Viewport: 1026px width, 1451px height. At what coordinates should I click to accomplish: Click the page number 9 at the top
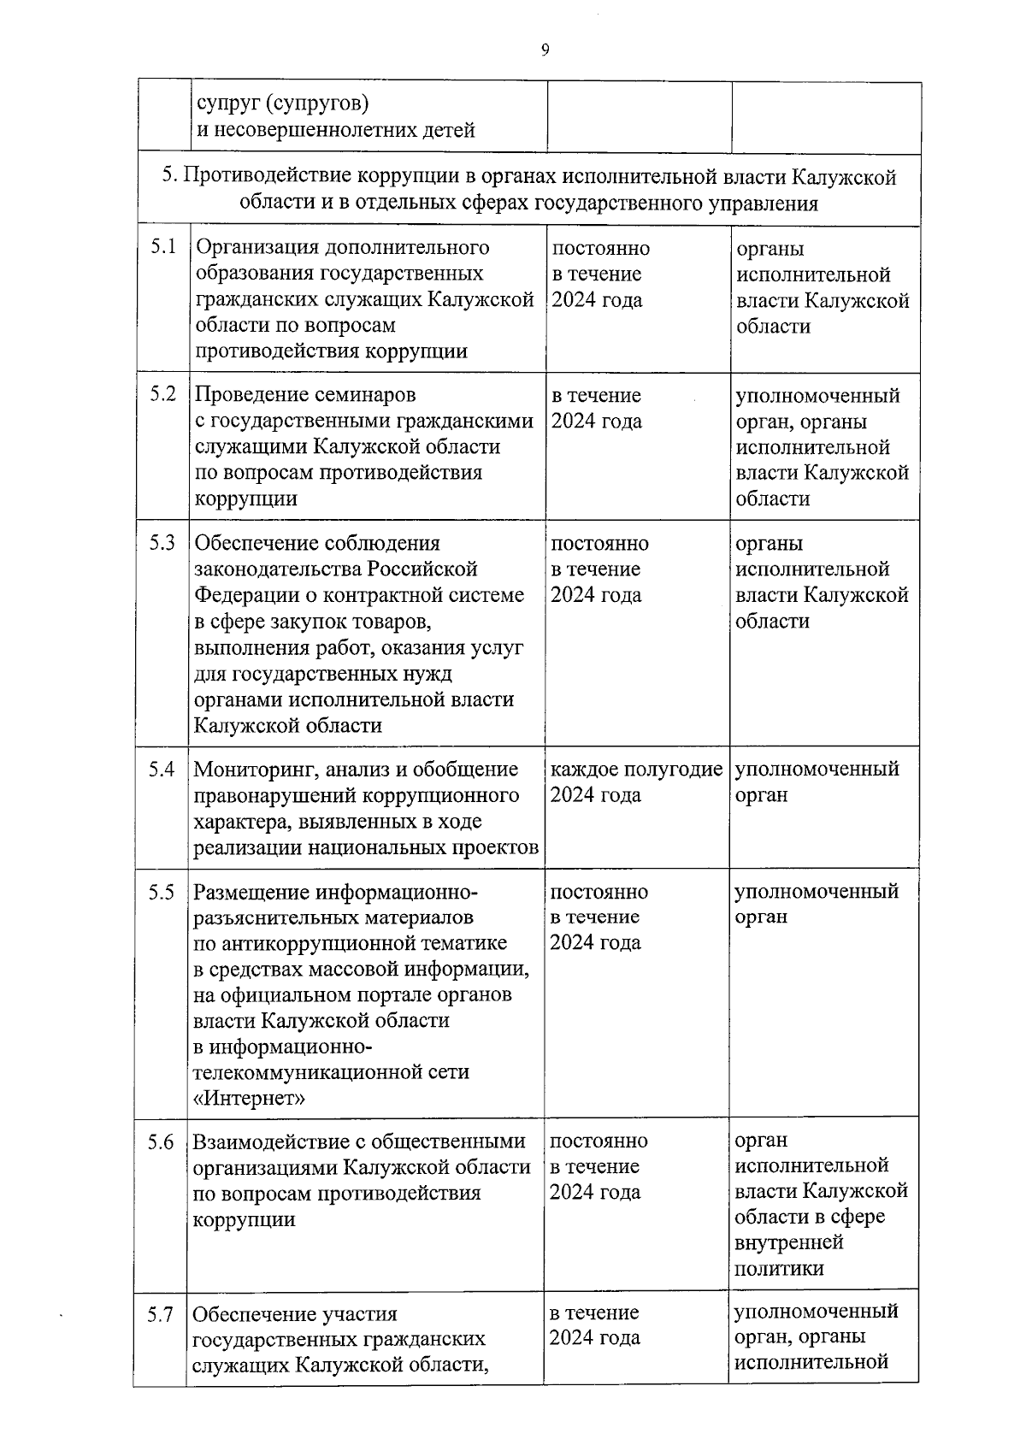(x=545, y=50)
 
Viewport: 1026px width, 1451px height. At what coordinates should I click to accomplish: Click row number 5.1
(x=162, y=247)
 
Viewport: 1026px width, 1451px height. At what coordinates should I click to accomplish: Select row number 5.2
(x=162, y=394)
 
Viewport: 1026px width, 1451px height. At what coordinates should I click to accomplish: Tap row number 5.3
(x=162, y=542)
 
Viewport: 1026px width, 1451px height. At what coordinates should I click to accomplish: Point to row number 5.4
(x=161, y=769)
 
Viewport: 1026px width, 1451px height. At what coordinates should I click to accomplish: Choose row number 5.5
(x=161, y=892)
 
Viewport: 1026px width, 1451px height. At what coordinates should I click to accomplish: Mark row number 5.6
(x=160, y=1141)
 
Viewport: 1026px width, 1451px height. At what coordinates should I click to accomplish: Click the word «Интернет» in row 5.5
(x=249, y=1098)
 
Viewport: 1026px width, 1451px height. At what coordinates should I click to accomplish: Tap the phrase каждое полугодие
(x=636, y=770)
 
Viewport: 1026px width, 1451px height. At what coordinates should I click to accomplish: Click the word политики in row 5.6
(x=779, y=1268)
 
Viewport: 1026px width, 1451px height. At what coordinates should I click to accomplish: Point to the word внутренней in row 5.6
(x=788, y=1242)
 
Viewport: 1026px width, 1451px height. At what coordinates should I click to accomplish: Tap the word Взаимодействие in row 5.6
(x=272, y=1141)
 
